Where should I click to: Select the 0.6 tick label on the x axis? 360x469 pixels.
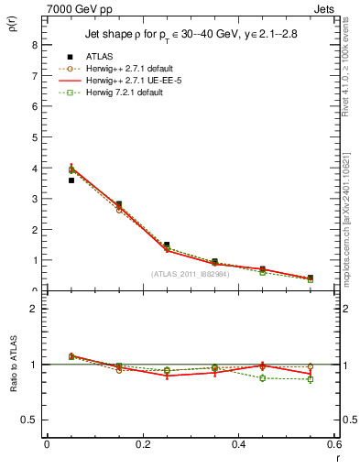tap(333, 445)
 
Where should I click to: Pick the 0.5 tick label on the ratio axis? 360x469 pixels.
tap(29, 420)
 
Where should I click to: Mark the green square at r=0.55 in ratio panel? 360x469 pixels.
tap(311, 379)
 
